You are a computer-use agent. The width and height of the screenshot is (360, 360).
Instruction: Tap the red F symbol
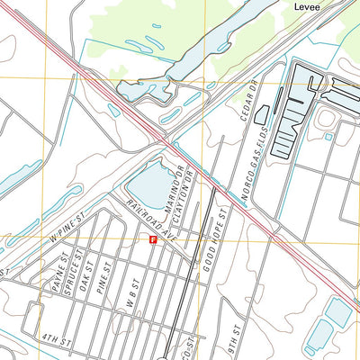pos(153,239)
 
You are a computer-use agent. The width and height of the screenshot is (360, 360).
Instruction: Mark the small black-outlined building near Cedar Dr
pos(262,114)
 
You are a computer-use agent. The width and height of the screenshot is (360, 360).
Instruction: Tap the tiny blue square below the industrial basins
pos(328,137)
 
